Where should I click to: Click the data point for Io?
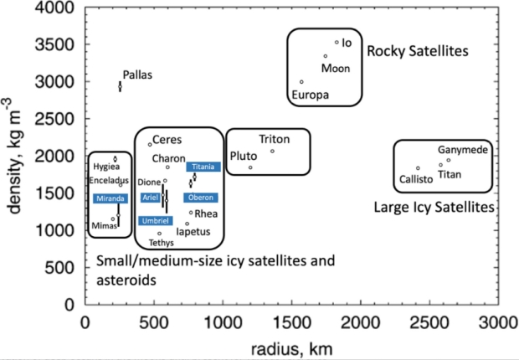pyautogui.click(x=337, y=42)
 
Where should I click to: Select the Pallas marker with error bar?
pyautogui.click(x=121, y=86)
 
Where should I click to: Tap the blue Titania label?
pyautogui.click(x=203, y=167)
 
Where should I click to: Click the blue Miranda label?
pyautogui.click(x=110, y=198)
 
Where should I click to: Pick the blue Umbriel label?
pyautogui.click(x=155, y=221)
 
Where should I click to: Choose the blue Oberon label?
pyautogui.click(x=201, y=198)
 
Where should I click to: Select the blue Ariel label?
pyautogui.click(x=151, y=198)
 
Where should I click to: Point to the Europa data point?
pyautogui.click(x=301, y=82)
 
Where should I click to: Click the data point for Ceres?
pyautogui.click(x=150, y=144)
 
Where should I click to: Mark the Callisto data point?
pyautogui.click(x=418, y=168)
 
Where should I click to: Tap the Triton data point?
pyautogui.click(x=272, y=152)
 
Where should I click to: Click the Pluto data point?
pyautogui.click(x=250, y=167)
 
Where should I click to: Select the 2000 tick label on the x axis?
pyautogui.click(x=361, y=322)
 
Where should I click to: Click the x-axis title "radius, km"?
pyautogui.click(x=291, y=349)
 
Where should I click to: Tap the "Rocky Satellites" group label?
pyautogui.click(x=418, y=51)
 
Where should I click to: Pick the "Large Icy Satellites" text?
pyautogui.click(x=434, y=208)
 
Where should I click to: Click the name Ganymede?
pyautogui.click(x=463, y=150)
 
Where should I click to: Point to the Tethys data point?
pyautogui.click(x=160, y=234)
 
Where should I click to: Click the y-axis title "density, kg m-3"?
pyautogui.click(x=13, y=156)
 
